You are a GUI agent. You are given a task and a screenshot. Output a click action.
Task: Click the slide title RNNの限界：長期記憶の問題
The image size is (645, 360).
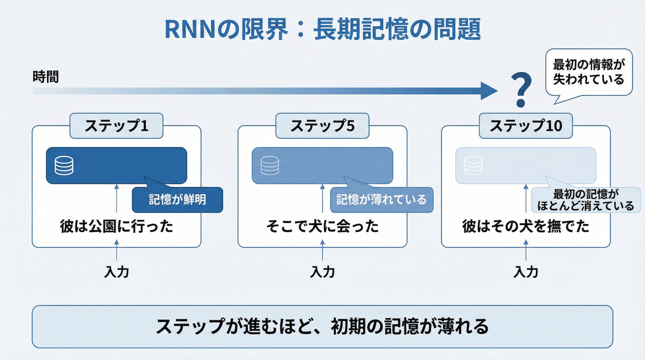pyautogui.click(x=322, y=30)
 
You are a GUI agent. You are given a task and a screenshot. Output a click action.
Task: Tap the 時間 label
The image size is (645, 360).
pyautogui.click(x=45, y=77)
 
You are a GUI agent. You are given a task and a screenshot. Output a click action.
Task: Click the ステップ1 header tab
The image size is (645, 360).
pyautogui.click(x=116, y=126)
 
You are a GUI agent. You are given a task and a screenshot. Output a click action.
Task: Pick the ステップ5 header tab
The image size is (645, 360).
pyautogui.click(x=322, y=126)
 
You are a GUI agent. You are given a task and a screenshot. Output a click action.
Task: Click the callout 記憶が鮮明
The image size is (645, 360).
pyautogui.click(x=177, y=200)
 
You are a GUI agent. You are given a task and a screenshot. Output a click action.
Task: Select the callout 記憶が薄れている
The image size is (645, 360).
pyautogui.click(x=381, y=200)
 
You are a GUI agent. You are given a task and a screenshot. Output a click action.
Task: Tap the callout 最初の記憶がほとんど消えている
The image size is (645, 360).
pyautogui.click(x=586, y=200)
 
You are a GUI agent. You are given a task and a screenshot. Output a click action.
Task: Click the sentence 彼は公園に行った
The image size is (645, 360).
pyautogui.click(x=116, y=226)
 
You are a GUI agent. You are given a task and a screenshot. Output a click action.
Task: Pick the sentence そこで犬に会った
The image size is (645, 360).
pyautogui.click(x=322, y=226)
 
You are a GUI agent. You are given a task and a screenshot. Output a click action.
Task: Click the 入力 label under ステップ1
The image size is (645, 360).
pyautogui.click(x=116, y=272)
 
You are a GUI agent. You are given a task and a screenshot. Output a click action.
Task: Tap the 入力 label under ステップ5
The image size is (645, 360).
pyautogui.click(x=322, y=272)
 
